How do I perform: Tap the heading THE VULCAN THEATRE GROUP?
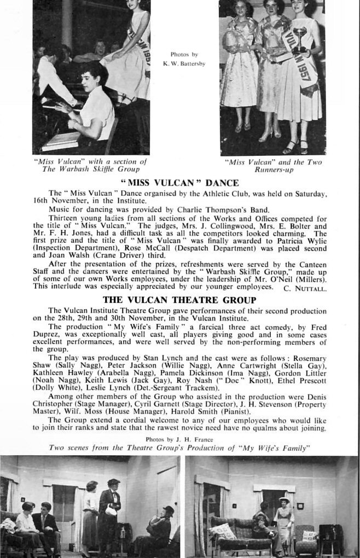(x=179, y=300)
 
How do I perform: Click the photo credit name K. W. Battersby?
(x=184, y=63)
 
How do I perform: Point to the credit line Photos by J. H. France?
(x=179, y=439)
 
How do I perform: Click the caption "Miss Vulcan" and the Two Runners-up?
(x=274, y=166)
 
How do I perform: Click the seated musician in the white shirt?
(x=93, y=107)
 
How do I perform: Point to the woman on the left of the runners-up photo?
(x=239, y=66)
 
